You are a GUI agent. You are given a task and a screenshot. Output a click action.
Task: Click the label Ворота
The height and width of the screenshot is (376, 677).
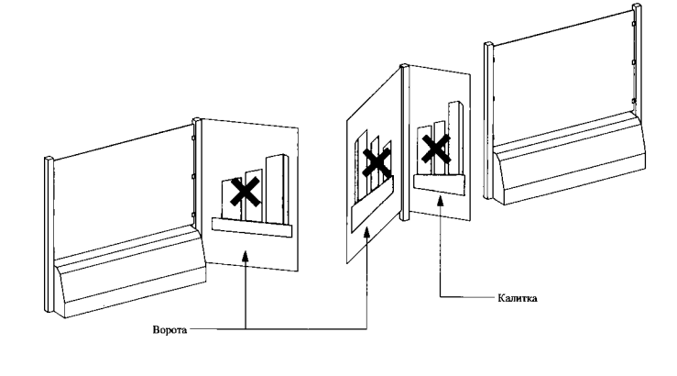coord(169,327)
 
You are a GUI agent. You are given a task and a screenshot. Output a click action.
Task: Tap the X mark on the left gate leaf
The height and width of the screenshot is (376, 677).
coord(244,191)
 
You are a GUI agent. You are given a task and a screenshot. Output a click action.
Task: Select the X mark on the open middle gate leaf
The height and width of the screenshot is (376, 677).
coord(376,163)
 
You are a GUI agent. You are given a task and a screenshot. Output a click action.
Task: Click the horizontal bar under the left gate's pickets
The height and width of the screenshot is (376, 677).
coord(251,225)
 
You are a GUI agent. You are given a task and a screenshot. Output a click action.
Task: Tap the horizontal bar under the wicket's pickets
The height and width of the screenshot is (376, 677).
coord(437,181)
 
